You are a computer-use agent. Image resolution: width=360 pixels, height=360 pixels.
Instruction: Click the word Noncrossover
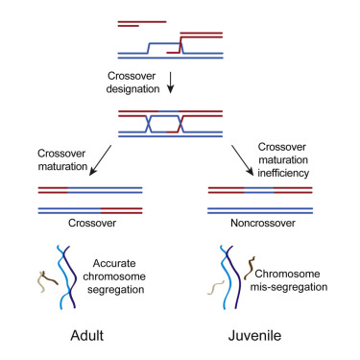click(260, 221)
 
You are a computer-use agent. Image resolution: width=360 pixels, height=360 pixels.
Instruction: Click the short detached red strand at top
click(142, 21)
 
